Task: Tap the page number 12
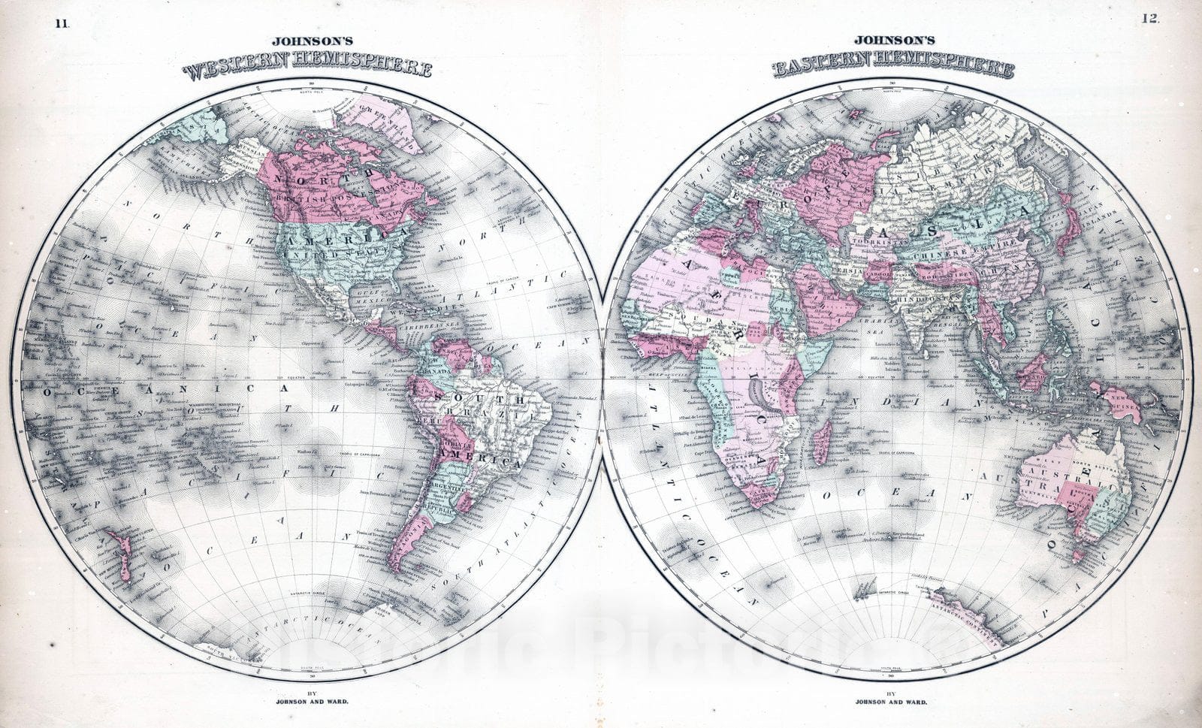[1149, 20]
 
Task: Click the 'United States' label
[334, 256]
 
